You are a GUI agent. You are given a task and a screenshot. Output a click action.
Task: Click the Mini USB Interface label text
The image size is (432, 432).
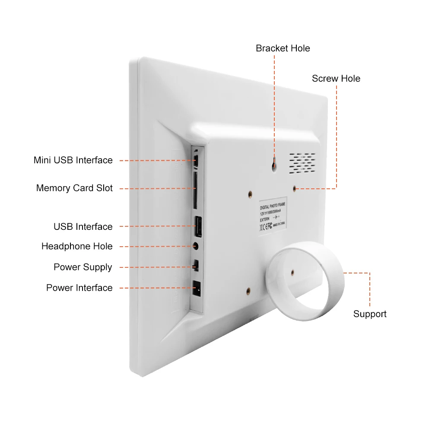click(73, 160)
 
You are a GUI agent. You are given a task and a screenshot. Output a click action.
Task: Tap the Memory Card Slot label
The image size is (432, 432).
click(74, 188)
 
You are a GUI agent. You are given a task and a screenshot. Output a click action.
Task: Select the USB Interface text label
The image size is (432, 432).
click(83, 227)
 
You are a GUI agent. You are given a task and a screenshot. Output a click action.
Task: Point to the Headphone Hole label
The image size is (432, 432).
click(77, 247)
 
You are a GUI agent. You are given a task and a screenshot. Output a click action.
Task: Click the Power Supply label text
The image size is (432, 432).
click(83, 267)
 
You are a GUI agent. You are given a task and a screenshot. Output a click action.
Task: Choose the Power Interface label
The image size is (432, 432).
click(79, 288)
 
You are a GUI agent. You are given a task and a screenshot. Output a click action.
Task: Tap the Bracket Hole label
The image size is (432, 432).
click(283, 48)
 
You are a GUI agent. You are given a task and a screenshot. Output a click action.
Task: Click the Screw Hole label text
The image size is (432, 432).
click(336, 79)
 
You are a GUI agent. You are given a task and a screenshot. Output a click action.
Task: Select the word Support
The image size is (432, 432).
click(370, 314)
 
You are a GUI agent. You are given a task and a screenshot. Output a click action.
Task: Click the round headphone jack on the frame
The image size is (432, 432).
click(197, 246)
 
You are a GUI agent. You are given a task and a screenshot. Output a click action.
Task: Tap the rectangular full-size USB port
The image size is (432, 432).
click(197, 226)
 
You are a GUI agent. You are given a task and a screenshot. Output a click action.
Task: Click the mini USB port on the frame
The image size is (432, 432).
click(197, 161)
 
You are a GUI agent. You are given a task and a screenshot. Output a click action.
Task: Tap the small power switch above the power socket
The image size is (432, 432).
click(196, 265)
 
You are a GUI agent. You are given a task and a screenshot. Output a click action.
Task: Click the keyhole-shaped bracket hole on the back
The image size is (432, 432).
click(274, 164)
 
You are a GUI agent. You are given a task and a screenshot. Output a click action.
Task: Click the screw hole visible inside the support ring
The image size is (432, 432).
click(292, 273)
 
